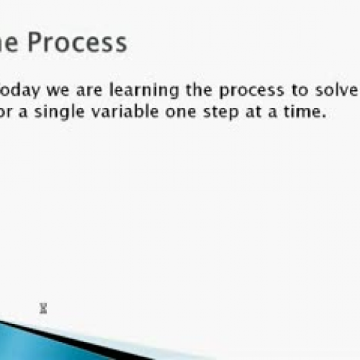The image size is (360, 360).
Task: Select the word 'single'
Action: click(x=58, y=114)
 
